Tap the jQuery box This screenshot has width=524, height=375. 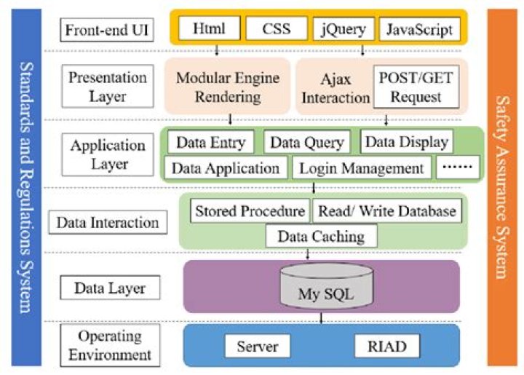pyautogui.click(x=343, y=30)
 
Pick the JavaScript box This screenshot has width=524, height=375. pyautogui.click(x=418, y=30)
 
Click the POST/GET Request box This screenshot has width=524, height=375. pyautogui.click(x=412, y=87)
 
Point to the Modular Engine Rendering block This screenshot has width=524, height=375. pyautogui.click(x=229, y=87)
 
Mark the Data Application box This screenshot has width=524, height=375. pyautogui.click(x=226, y=168)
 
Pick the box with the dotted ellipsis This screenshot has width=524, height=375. pyautogui.click(x=458, y=168)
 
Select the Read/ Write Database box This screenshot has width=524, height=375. pyautogui.click(x=387, y=211)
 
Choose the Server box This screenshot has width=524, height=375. pyautogui.click(x=258, y=346)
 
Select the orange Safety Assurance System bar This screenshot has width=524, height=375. pyautogui.click(x=502, y=186)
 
